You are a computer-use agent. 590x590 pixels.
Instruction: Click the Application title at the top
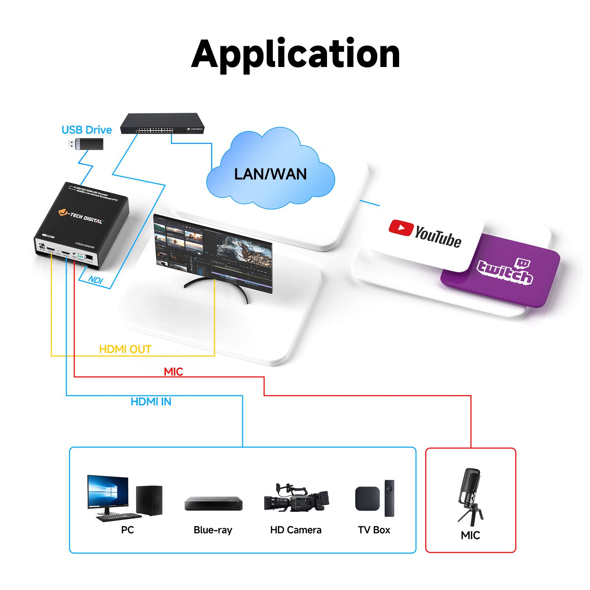(295, 55)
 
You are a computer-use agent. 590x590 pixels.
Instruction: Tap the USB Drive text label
(86, 130)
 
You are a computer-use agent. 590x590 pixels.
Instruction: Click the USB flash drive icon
(85, 144)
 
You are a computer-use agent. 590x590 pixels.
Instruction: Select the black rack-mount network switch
(162, 124)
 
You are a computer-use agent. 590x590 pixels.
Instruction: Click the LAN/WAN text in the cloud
(270, 174)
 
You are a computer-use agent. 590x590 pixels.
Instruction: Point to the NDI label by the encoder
(95, 279)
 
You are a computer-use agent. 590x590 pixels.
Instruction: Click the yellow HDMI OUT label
(125, 349)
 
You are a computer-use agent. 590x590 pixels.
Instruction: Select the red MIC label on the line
(173, 372)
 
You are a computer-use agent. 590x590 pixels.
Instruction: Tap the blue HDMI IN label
(151, 402)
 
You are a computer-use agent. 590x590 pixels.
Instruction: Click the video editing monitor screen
(212, 252)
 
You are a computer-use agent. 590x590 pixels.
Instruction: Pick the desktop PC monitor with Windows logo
(108, 492)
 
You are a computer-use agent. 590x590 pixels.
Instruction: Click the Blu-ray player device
(213, 504)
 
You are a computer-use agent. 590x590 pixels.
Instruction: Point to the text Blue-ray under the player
(213, 530)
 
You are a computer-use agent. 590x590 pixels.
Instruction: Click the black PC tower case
(149, 500)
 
